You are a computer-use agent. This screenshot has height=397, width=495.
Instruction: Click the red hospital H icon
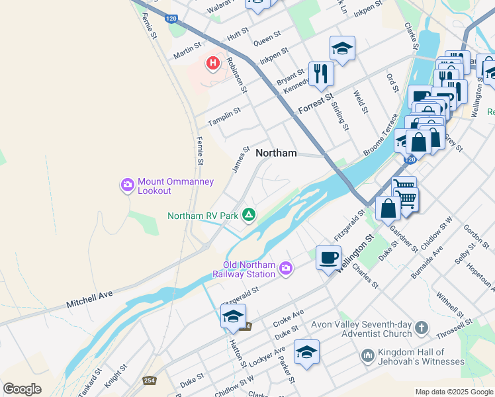pos(212,64)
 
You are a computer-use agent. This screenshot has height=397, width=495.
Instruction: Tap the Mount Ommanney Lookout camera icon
pos(126,185)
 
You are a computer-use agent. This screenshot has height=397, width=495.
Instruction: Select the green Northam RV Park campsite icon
pos(249,214)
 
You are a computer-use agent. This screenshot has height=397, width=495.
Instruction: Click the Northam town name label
pos(276,153)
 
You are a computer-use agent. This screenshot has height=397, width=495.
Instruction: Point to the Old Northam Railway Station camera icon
pos(286,268)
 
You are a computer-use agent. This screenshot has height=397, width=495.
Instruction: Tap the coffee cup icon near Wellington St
pos(328,257)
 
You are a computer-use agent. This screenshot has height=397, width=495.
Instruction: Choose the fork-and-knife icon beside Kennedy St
pos(321,73)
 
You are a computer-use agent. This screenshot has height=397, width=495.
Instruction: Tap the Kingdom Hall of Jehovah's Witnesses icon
pos(367,357)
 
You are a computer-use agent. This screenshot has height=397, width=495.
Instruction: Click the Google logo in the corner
pos(22,388)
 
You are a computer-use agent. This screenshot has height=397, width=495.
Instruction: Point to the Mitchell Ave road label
pos(90,300)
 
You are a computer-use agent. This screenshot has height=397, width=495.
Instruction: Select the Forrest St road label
pos(316,103)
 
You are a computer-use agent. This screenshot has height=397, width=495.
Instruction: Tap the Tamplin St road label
pos(224,115)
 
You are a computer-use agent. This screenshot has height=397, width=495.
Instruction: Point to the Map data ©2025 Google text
pos(453,391)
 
